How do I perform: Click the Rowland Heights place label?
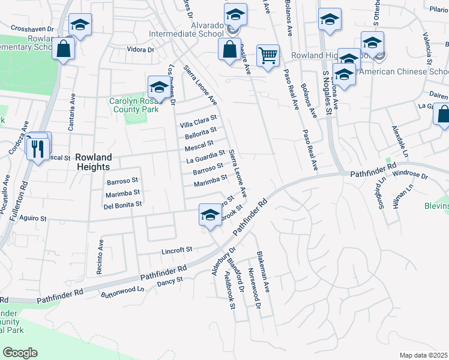tap(94, 162)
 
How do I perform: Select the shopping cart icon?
tap(268, 56)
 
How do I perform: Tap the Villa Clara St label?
tap(198, 120)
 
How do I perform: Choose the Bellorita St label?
tap(200, 132)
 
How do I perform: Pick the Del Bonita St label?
tap(122, 204)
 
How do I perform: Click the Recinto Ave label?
tap(100, 257)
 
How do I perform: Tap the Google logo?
tap(20, 352)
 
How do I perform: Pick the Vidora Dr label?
tap(140, 50)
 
